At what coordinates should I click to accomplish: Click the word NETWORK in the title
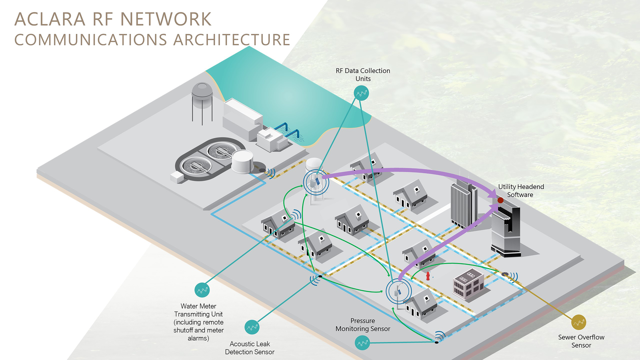tap(166, 19)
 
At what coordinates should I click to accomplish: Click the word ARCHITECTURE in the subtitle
tap(232, 40)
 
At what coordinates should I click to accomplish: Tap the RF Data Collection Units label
tap(363, 75)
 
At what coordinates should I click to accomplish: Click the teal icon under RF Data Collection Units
tap(361, 93)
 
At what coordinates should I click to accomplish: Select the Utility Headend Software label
tap(521, 191)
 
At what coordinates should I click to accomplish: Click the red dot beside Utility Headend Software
tap(500, 200)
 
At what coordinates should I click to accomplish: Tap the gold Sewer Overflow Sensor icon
tap(578, 322)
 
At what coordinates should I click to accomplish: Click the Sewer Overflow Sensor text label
tap(581, 341)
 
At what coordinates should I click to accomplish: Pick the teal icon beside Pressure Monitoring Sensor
tap(362, 343)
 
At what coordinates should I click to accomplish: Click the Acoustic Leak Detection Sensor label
tap(250, 348)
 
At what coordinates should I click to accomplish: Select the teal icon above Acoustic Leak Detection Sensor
tap(252, 327)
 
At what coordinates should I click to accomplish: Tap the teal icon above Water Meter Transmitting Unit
tap(202, 290)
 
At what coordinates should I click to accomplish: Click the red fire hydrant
tap(428, 276)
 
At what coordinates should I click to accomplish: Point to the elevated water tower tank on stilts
tap(202, 95)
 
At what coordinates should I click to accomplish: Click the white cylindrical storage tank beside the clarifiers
tap(242, 161)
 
